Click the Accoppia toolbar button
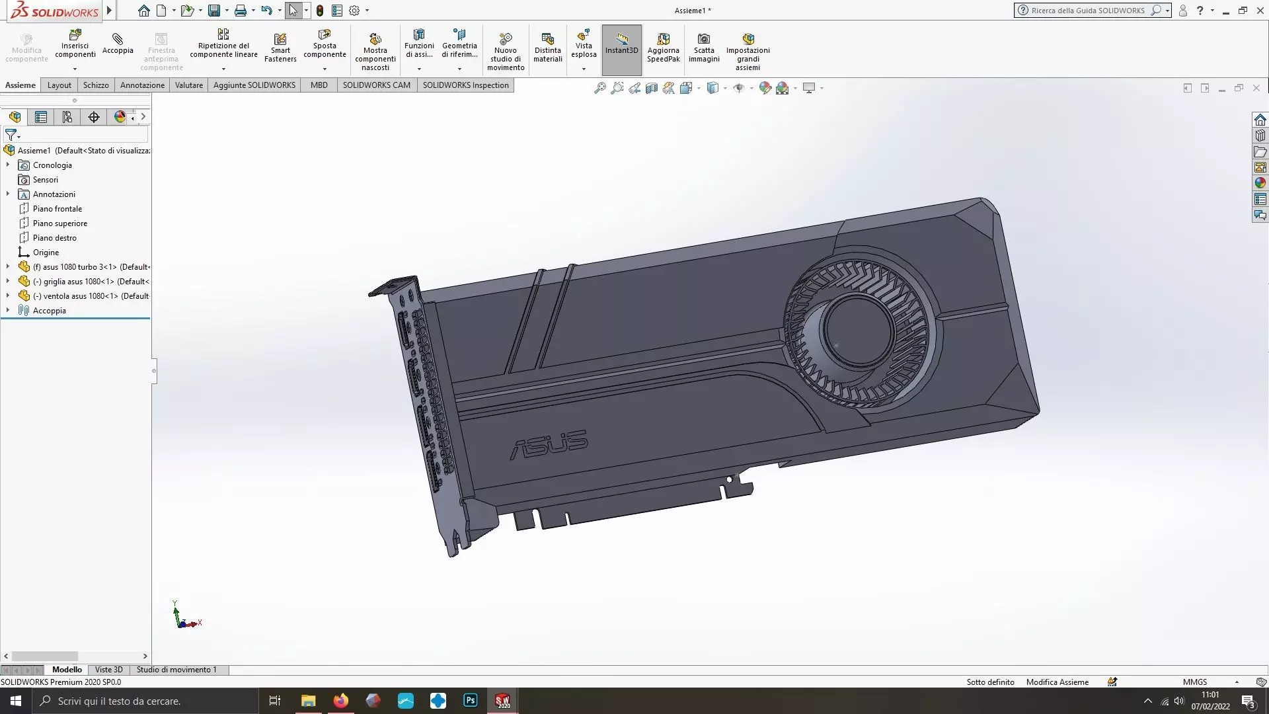coord(118,44)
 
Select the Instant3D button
coord(621,44)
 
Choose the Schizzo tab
coord(96,85)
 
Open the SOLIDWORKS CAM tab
coord(376,85)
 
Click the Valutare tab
coord(188,85)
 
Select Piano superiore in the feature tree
coord(59,223)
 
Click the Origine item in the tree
coord(46,253)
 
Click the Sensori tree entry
coord(45,180)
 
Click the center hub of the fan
coord(859,329)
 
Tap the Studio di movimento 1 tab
coord(176,670)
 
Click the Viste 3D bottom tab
coord(108,670)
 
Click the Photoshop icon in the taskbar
coord(471,701)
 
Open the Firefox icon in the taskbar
coord(341,701)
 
